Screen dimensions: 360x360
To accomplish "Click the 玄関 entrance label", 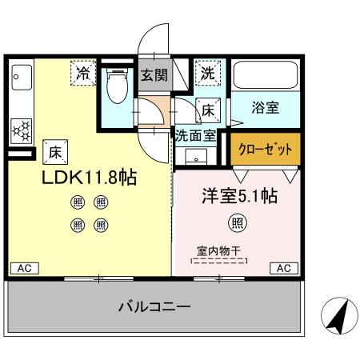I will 154,77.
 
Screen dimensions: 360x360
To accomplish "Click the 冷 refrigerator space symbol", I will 83,73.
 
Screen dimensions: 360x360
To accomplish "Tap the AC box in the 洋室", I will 284,267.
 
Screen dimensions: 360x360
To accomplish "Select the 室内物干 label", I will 218,249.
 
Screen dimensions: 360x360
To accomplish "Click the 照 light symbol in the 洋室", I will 238,221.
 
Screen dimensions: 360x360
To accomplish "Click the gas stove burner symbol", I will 22,128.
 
